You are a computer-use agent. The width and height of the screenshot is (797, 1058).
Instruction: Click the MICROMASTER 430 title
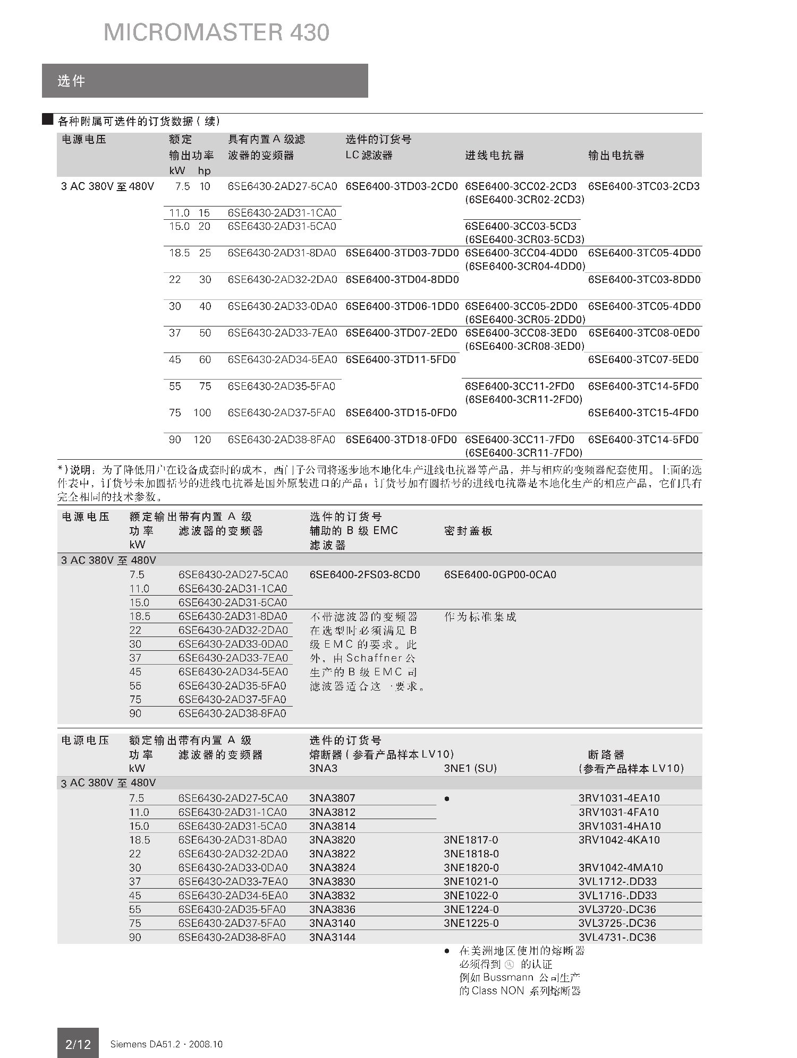coord(216,33)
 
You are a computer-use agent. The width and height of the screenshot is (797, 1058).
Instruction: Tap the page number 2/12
coord(78,1044)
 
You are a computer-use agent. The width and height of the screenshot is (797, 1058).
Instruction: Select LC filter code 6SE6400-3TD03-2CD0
coord(401,186)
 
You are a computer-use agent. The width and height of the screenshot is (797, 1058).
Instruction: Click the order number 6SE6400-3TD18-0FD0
coord(401,440)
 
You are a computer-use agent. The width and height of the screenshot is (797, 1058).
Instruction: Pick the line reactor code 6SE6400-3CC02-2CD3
coord(520,186)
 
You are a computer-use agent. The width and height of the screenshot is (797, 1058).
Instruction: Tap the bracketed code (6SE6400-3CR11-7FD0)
coord(523,453)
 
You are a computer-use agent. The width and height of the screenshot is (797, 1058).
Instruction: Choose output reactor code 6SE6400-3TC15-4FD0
coord(643,413)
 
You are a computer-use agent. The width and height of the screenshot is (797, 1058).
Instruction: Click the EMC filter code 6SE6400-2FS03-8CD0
coord(364,574)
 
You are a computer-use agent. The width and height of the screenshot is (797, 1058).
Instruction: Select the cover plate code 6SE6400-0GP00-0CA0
coord(500,574)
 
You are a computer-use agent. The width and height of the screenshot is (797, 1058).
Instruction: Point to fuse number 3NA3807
coord(332,798)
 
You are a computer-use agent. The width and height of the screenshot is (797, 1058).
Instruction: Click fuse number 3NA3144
coord(332,937)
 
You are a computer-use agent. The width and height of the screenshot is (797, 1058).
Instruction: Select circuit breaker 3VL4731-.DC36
coord(617,937)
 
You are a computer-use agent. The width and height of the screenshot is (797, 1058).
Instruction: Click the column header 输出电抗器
coord(616,156)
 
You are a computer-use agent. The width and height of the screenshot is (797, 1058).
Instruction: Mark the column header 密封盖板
coord(468,531)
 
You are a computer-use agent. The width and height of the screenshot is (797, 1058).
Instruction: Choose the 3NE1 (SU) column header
coord(470,768)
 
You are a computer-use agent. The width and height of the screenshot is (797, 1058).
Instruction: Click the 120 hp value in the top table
coord(202,440)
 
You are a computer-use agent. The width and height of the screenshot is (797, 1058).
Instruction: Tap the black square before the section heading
coord(48,119)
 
